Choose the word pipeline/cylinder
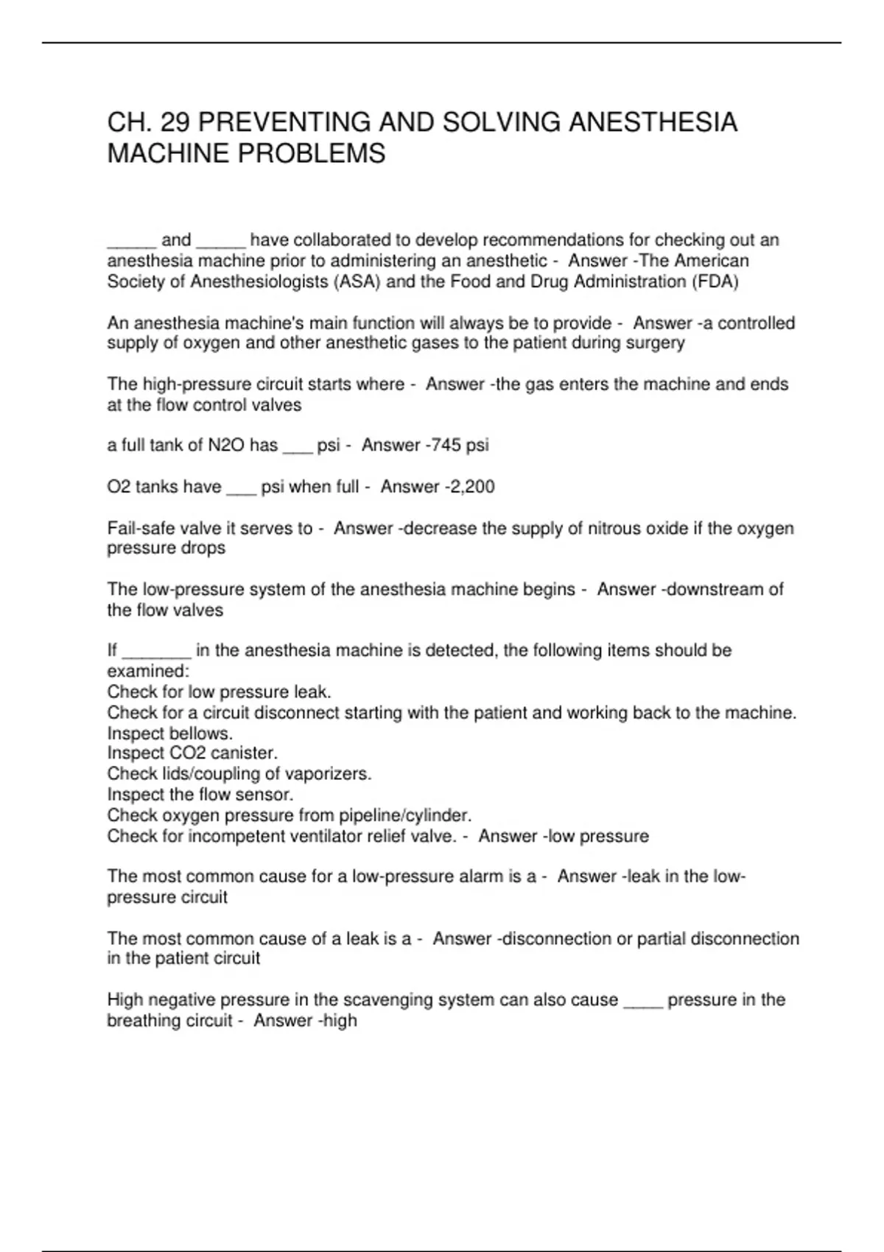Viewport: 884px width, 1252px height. click(404, 816)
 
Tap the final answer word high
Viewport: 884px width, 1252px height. click(340, 1021)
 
